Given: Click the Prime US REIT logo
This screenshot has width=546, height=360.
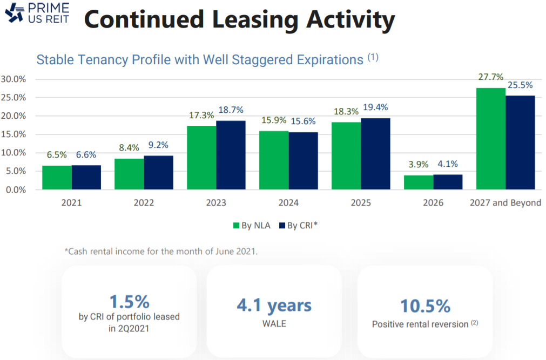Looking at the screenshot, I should pyautogui.click(x=38, y=13).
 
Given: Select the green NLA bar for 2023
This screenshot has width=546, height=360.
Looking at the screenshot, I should pyautogui.click(x=201, y=158).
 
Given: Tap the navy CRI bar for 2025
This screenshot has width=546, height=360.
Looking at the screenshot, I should pyautogui.click(x=375, y=154).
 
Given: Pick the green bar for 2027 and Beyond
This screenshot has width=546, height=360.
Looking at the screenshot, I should pyautogui.click(x=491, y=139).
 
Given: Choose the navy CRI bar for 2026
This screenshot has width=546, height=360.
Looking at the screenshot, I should pyautogui.click(x=448, y=182).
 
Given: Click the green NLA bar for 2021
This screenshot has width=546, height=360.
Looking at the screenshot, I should pyautogui.click(x=57, y=178).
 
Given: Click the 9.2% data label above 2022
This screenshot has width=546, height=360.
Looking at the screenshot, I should pyautogui.click(x=159, y=145).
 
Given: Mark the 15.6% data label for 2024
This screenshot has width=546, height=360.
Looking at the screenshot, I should pyautogui.click(x=304, y=121).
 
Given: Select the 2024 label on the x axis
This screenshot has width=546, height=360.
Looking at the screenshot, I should pyautogui.click(x=288, y=203).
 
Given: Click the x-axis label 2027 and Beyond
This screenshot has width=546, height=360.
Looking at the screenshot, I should pyautogui.click(x=505, y=203).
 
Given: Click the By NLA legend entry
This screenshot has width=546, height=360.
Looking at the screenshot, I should pyautogui.click(x=251, y=226).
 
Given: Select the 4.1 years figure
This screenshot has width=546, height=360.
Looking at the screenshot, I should pyautogui.click(x=274, y=305).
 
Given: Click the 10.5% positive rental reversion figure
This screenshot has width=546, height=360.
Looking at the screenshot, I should pyautogui.click(x=425, y=305).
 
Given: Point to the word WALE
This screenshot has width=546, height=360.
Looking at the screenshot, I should pyautogui.click(x=274, y=324).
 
